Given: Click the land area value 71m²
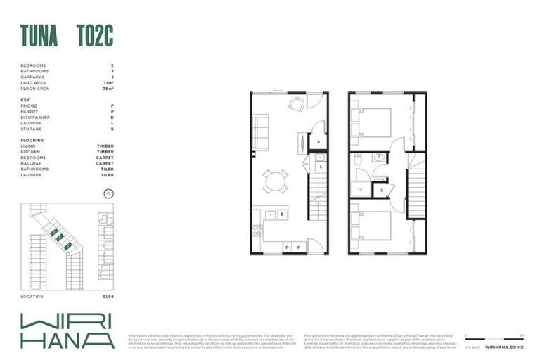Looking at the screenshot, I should click(108, 83).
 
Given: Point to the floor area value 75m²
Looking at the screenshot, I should click(108, 89).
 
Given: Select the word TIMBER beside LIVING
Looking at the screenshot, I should click(105, 146).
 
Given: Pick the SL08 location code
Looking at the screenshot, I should click(108, 296).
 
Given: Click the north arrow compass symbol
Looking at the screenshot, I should click(108, 193).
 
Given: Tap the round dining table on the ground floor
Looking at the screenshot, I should click(275, 182).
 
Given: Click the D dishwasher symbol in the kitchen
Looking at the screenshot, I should click(281, 213).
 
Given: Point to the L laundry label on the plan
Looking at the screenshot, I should click(319, 167).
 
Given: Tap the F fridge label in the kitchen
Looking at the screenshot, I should click(299, 247).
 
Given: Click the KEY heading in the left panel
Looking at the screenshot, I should click(25, 100).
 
